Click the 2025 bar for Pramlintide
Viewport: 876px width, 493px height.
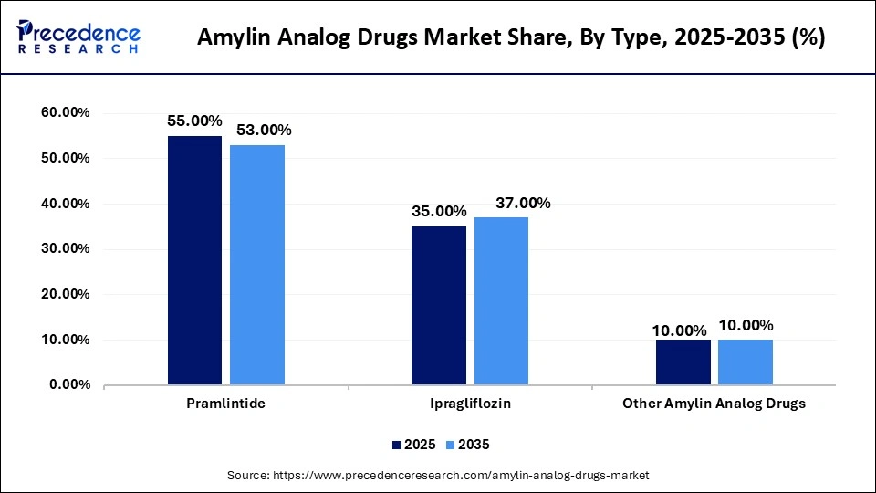coord(194,260)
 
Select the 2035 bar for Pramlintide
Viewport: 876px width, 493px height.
coord(257,265)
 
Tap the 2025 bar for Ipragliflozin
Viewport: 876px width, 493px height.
coord(438,306)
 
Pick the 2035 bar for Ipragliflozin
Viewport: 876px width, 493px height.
coord(501,301)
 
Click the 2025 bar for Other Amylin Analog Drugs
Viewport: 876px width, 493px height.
coord(683,362)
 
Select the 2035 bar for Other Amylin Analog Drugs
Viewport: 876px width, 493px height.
coord(746,362)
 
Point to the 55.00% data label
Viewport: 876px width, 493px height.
coord(194,121)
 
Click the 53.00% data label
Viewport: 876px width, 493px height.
coord(264,131)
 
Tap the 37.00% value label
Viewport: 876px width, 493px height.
coord(523,203)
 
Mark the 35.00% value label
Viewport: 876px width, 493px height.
coord(438,211)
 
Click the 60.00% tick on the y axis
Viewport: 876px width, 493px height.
coord(65,112)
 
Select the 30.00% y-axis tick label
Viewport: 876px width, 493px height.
coord(65,249)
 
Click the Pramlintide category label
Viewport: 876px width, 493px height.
coord(226,404)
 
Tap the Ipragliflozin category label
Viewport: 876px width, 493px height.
coord(470,404)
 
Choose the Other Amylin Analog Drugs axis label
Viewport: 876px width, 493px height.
coord(714,404)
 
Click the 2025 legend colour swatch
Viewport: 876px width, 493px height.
coord(396,445)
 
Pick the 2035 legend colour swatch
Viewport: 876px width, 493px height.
coord(449,445)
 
